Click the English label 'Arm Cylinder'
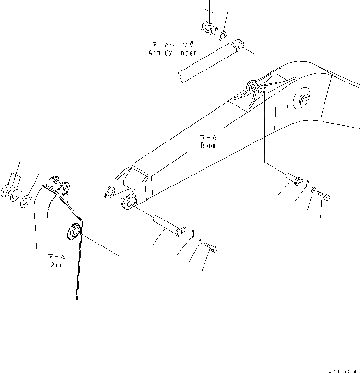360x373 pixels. pyautogui.click(x=172, y=53)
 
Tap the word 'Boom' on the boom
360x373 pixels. pyautogui.click(x=208, y=145)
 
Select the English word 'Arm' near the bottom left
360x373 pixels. pyautogui.click(x=57, y=265)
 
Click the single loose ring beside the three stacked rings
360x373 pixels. pyautogui.click(x=223, y=35)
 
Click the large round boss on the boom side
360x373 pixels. pyautogui.click(x=303, y=100)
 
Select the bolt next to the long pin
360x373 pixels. pyautogui.click(x=211, y=247)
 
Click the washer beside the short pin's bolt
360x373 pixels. pyautogui.click(x=313, y=190)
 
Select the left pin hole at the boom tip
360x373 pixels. pyautogui.click(x=110, y=193)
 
